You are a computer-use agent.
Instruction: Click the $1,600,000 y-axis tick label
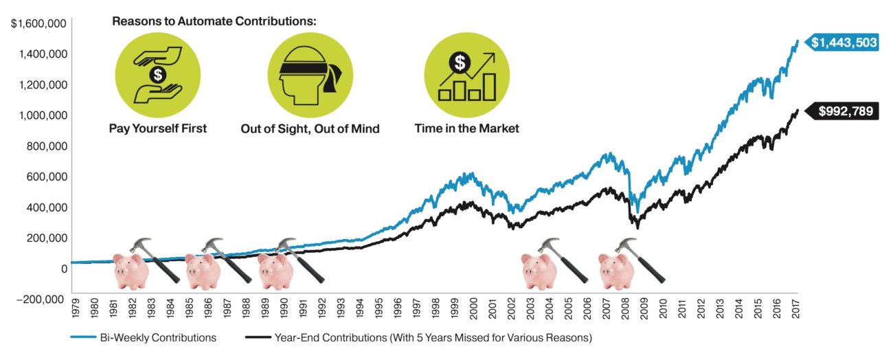click(x=38, y=24)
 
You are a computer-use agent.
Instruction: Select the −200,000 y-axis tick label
click(x=38, y=299)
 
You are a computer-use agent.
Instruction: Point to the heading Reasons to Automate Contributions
click(x=214, y=21)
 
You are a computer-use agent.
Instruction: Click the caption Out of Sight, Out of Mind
click(x=310, y=128)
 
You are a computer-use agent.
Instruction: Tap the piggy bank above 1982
click(x=131, y=270)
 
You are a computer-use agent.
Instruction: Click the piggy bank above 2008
click(x=615, y=270)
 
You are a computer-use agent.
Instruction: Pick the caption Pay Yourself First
click(x=158, y=128)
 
